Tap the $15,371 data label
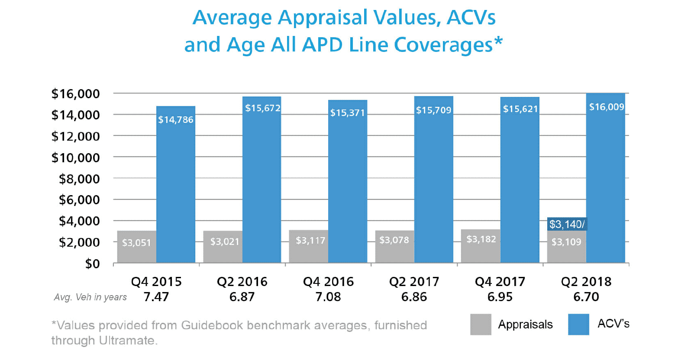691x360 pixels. tap(347, 113)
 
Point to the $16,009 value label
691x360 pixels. tap(606, 107)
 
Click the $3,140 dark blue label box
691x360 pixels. tap(567, 224)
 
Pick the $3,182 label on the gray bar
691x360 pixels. tap(481, 239)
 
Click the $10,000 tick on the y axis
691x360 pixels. tap(76, 157)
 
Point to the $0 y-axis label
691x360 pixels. tap(92, 264)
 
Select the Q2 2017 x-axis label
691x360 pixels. tap(414, 282)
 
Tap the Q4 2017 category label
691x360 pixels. tap(500, 282)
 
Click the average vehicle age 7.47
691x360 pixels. tap(156, 297)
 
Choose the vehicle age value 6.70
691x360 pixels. tap(586, 297)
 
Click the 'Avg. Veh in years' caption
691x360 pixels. tap(90, 297)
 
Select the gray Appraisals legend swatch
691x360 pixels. tap(481, 324)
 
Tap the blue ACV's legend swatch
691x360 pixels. tap(578, 324)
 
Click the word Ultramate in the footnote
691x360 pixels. tap(126, 341)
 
